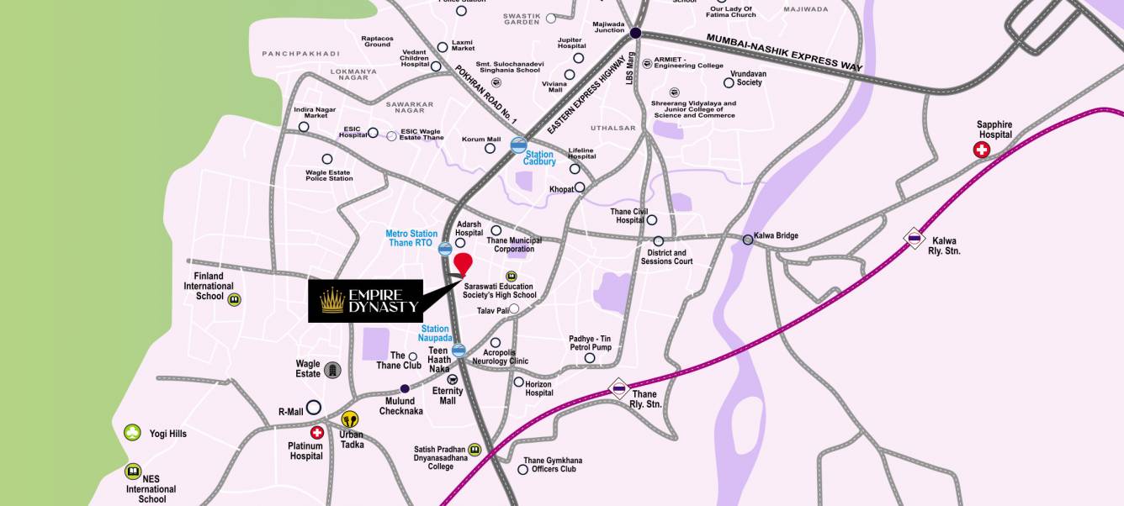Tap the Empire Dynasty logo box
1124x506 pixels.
[x=364, y=301]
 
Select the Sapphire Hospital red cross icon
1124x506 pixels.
[x=981, y=150]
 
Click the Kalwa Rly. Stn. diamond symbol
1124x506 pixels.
[x=915, y=239]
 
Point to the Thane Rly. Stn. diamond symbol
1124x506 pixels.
[x=619, y=388]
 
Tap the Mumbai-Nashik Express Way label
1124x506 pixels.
[x=784, y=51]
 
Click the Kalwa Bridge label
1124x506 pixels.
[x=776, y=236]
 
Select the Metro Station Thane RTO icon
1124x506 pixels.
[x=445, y=249]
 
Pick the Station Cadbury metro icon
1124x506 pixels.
[x=519, y=145]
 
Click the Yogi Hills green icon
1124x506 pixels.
[x=132, y=432]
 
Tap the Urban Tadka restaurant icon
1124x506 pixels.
[x=350, y=419]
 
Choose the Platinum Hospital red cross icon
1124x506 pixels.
[x=317, y=432]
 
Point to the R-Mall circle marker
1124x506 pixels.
[x=314, y=407]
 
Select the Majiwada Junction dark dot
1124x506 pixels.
[x=635, y=34]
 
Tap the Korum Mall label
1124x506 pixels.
[x=481, y=140]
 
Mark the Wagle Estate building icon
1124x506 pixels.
[x=333, y=370]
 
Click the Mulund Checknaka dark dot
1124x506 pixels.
[x=405, y=388]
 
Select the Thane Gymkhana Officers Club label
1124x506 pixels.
[x=552, y=465]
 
